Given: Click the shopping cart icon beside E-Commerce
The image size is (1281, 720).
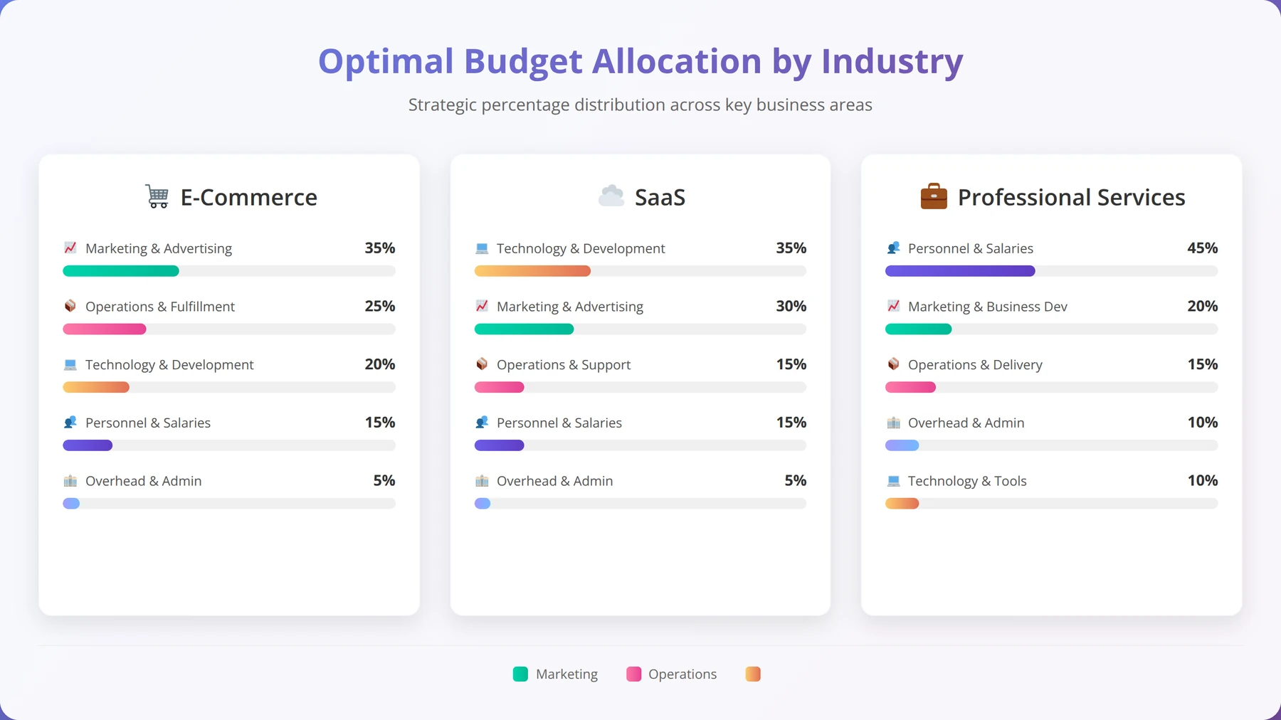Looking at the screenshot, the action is [x=157, y=196].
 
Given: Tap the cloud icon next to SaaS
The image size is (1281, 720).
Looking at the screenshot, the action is [x=611, y=196].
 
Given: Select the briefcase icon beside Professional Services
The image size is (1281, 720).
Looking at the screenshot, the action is [x=934, y=196].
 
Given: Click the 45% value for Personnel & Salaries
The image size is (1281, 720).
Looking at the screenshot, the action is [x=1202, y=248].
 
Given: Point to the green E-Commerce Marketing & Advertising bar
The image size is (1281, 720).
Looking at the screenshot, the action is [x=121, y=271].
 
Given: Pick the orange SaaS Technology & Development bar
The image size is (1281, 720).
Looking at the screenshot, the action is [x=532, y=271].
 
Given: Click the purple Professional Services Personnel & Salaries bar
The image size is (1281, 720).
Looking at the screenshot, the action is [x=960, y=271].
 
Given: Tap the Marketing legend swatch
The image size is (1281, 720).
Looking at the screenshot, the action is [x=520, y=674].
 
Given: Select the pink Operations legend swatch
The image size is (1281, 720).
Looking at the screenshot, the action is [x=633, y=674].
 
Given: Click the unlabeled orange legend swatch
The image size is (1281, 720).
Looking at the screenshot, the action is [x=753, y=674].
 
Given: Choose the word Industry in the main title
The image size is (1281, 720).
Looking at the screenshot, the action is [x=892, y=61].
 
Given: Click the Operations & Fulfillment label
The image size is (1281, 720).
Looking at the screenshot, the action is [x=160, y=307].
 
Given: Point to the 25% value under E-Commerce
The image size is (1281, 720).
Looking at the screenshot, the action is [x=380, y=306].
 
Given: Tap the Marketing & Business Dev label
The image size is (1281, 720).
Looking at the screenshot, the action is [x=988, y=307].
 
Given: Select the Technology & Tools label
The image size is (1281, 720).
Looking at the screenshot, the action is [x=967, y=481].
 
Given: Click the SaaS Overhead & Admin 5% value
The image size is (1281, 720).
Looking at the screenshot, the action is [x=795, y=480].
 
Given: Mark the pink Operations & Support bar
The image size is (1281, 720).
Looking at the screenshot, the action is [x=499, y=387].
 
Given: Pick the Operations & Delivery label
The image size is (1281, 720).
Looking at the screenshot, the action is [x=975, y=365].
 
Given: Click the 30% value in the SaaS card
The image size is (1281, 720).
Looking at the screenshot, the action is [x=791, y=306].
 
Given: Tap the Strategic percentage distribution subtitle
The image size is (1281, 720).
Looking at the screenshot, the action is [x=640, y=105].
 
